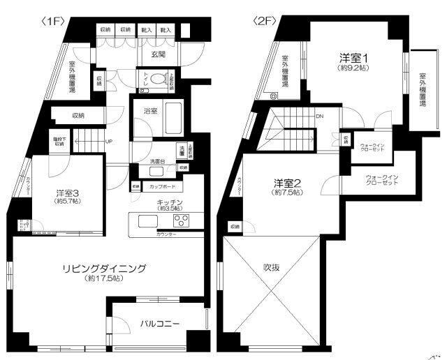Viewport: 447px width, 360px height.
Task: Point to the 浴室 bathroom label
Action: (150, 110)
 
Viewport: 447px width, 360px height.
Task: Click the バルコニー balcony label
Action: (159, 323)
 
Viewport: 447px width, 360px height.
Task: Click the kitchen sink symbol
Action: (149, 222)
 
